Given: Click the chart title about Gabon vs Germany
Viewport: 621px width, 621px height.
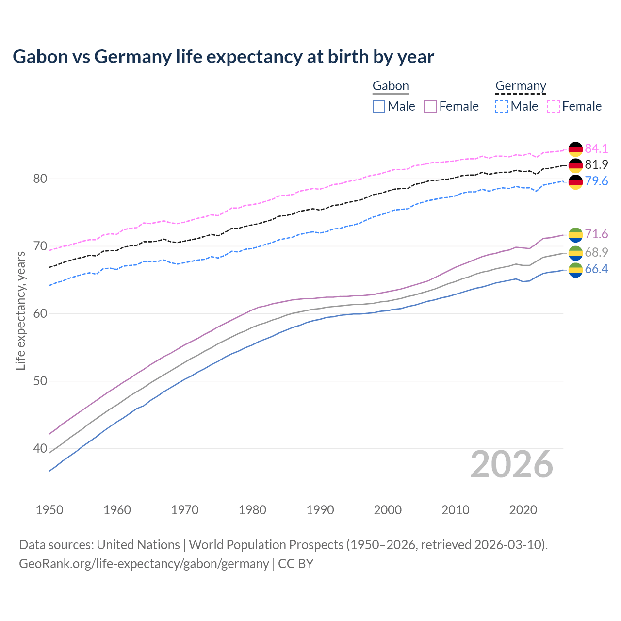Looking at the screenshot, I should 223,57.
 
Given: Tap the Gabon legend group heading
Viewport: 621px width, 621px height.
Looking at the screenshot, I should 391,86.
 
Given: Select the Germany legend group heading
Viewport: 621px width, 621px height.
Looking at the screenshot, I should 521,86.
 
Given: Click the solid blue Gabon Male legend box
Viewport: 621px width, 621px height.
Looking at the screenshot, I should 379,106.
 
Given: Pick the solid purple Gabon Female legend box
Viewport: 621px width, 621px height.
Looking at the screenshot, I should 430,106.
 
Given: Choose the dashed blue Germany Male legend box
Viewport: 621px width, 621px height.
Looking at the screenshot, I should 502,106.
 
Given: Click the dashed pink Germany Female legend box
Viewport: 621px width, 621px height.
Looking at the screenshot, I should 554,106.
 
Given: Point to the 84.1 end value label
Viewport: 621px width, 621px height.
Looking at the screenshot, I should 596,148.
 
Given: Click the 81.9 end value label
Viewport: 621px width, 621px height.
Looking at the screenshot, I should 596,165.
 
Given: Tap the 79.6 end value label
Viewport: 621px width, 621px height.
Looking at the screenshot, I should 596,181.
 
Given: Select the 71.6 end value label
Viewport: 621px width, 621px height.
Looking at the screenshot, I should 596,234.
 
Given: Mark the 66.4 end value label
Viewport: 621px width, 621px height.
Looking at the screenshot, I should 596,269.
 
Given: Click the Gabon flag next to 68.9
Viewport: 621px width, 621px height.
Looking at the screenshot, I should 575,253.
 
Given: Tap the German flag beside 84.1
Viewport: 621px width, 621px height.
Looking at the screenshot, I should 575,149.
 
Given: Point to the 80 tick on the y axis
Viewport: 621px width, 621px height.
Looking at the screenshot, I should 40,179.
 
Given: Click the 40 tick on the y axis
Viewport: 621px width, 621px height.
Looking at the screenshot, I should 40,449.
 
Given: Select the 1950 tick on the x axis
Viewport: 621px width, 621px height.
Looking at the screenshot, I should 49,510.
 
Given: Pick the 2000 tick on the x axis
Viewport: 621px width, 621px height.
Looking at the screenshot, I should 388,510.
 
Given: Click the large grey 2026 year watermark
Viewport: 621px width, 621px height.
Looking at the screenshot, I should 511,465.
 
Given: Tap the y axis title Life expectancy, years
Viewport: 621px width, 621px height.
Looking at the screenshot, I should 21,310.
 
